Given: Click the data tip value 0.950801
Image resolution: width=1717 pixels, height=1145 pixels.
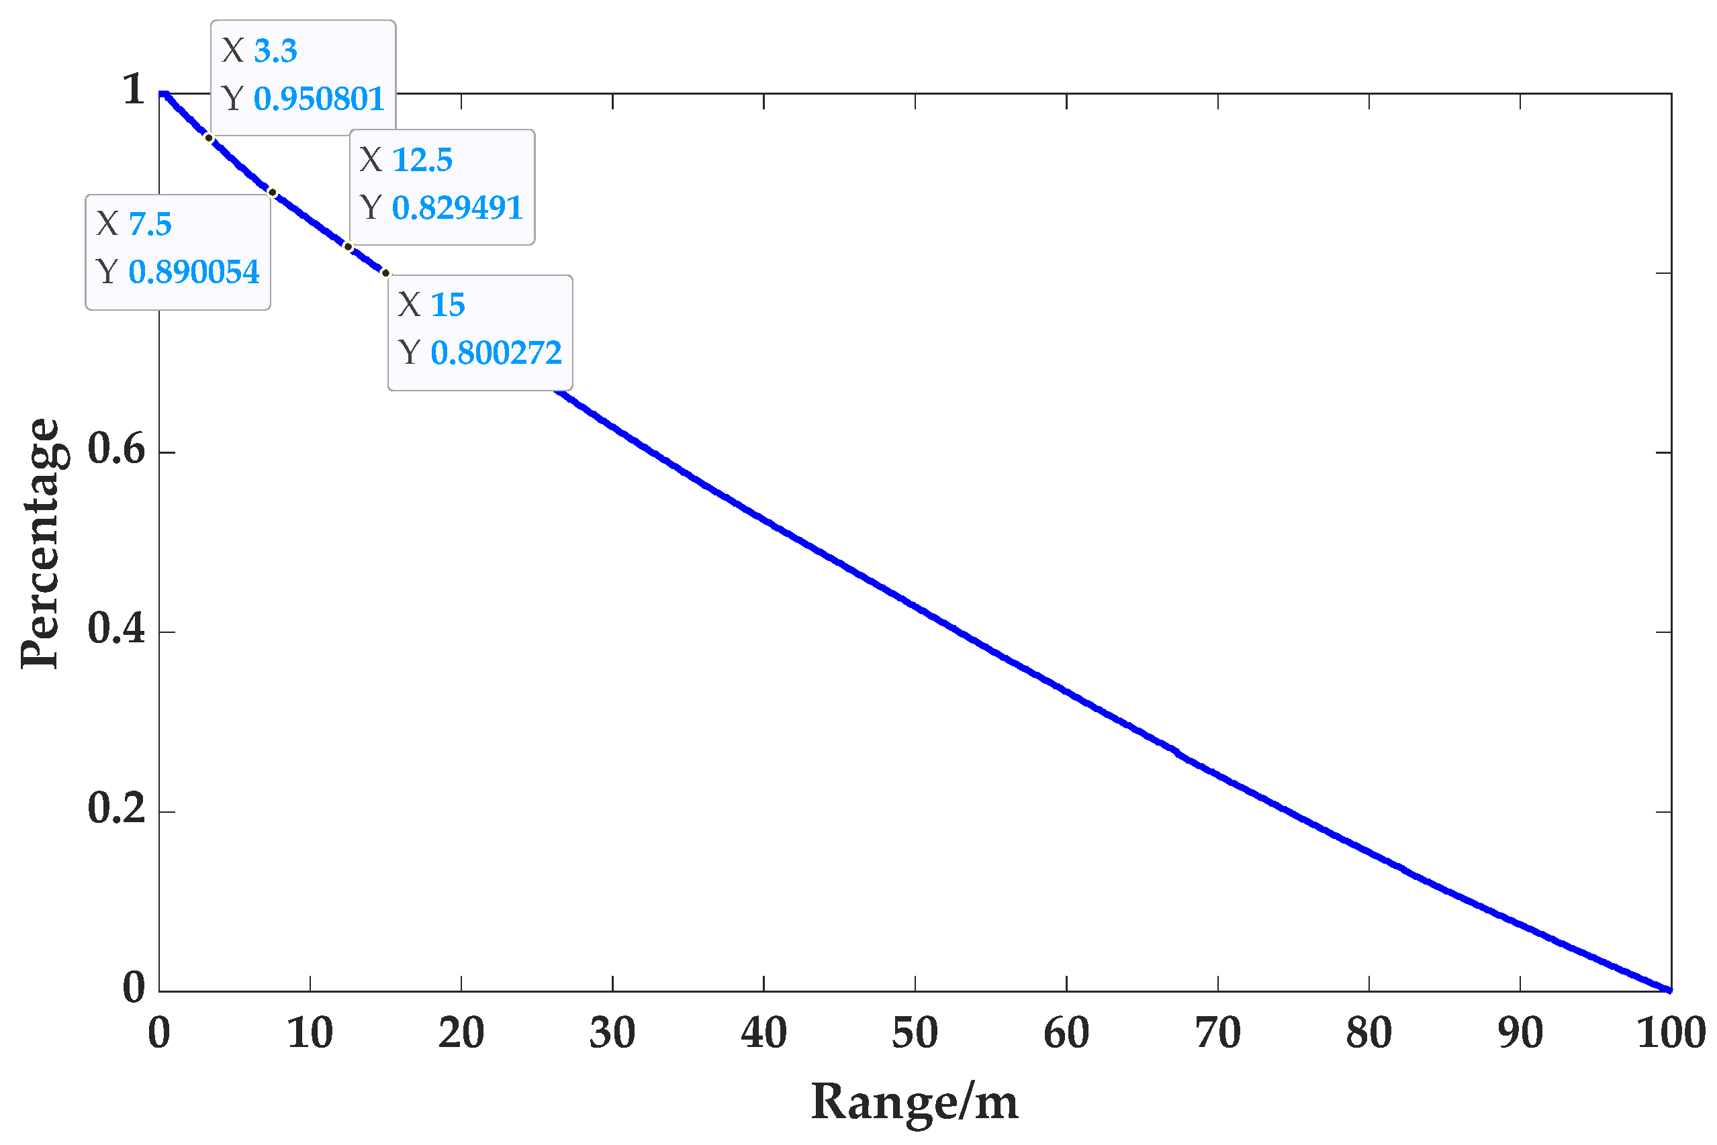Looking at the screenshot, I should [318, 99].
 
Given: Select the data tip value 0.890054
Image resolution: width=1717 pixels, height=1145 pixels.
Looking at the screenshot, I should [193, 272].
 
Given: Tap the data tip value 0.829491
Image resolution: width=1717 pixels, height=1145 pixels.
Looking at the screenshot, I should [457, 208].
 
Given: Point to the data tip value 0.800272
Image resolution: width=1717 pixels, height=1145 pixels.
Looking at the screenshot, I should [496, 354].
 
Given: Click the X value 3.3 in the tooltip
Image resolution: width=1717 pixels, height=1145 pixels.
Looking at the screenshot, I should [275, 51].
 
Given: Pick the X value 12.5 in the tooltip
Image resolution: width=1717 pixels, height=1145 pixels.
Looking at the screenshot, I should [422, 160].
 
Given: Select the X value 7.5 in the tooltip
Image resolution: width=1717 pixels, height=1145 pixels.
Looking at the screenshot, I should [150, 225].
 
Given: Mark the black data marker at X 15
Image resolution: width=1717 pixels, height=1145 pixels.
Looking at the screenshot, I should [386, 274].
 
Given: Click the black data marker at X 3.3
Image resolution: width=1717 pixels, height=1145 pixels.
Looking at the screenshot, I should [209, 138].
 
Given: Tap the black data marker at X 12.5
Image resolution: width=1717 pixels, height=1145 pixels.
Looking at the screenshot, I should [349, 247].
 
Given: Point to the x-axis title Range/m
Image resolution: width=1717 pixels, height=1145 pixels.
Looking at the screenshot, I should [915, 1102].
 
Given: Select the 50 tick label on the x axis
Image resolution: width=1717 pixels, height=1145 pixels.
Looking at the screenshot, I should [915, 1034].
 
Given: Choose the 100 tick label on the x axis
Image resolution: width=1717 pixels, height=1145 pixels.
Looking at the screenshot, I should [1670, 1034].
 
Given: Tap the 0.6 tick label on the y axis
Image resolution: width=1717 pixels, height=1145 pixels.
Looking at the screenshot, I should [116, 448].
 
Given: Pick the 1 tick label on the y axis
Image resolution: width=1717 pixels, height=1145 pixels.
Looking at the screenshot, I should [133, 90].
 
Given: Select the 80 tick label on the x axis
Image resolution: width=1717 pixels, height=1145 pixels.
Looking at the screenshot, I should [1368, 1034].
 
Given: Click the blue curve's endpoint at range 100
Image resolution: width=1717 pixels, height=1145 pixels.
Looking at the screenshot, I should [1669, 990].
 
